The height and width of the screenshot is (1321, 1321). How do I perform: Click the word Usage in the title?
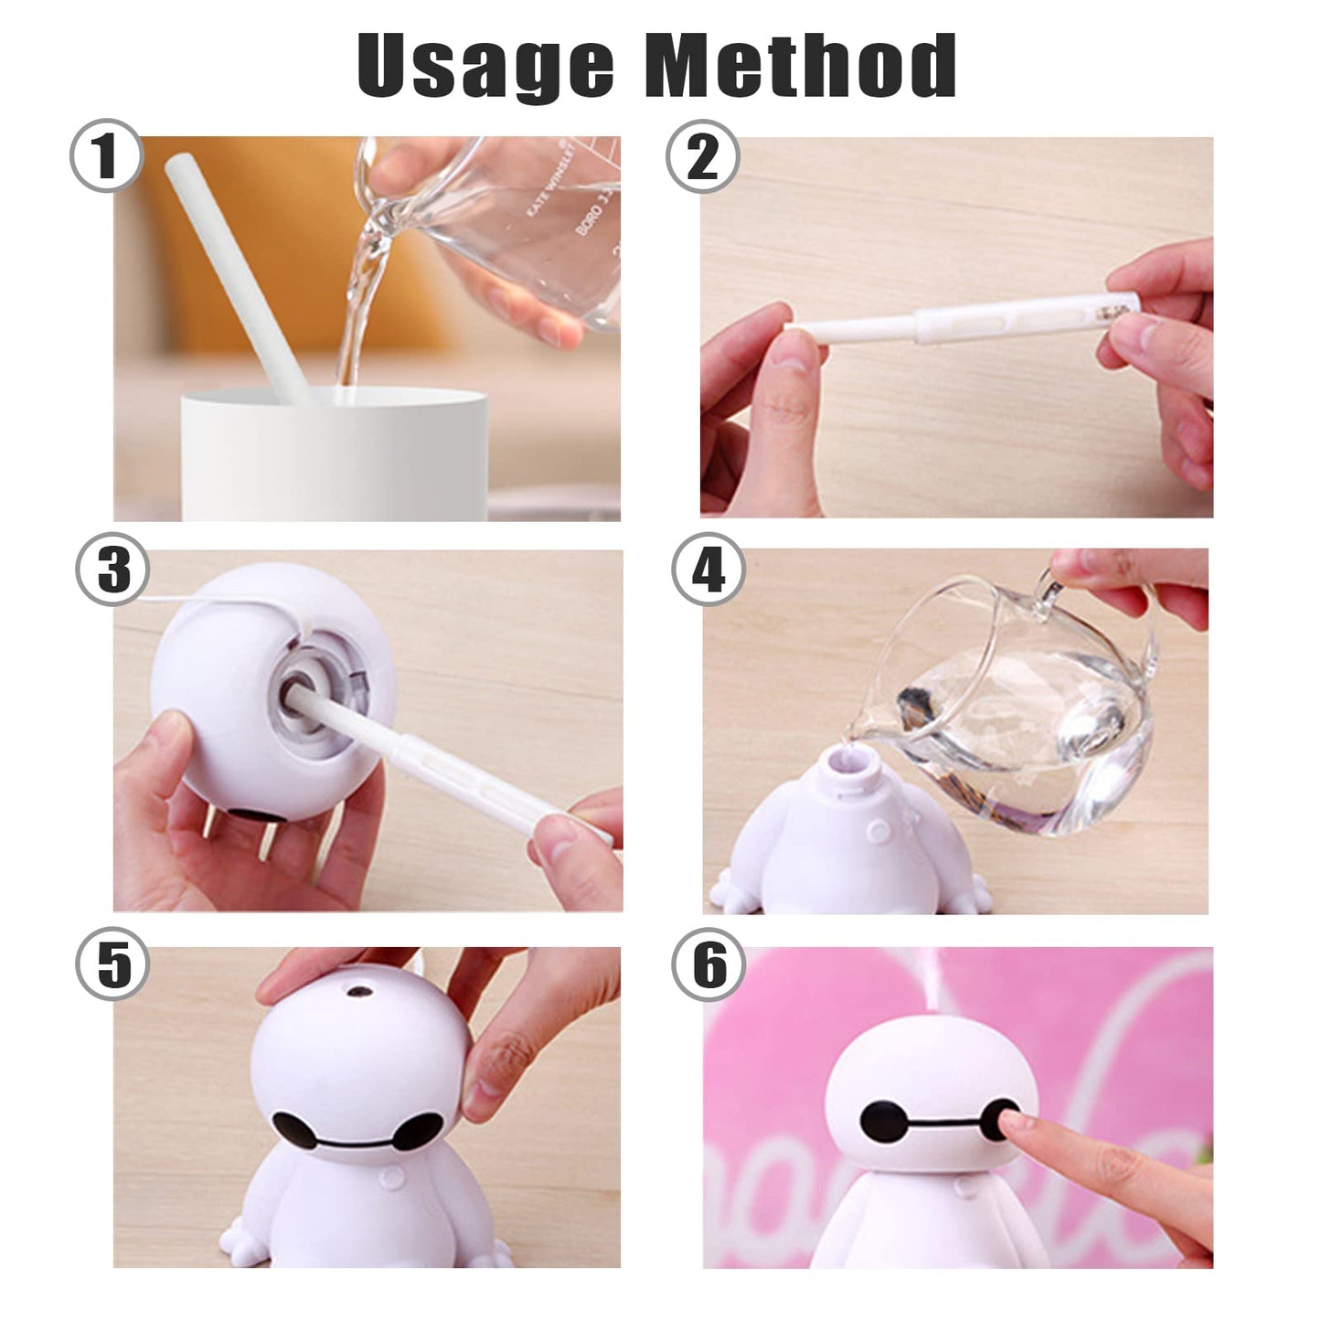[485, 66]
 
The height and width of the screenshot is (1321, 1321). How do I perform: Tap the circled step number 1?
[107, 155]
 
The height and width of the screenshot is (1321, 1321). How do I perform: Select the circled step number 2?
[702, 156]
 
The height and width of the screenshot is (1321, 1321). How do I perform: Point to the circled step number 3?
[113, 570]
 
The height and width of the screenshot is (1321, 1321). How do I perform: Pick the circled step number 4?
[708, 570]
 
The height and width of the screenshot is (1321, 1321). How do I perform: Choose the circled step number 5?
[112, 965]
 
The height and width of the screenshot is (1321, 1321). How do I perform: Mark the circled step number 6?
[708, 965]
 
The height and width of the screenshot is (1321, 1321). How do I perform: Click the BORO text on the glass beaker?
[588, 218]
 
